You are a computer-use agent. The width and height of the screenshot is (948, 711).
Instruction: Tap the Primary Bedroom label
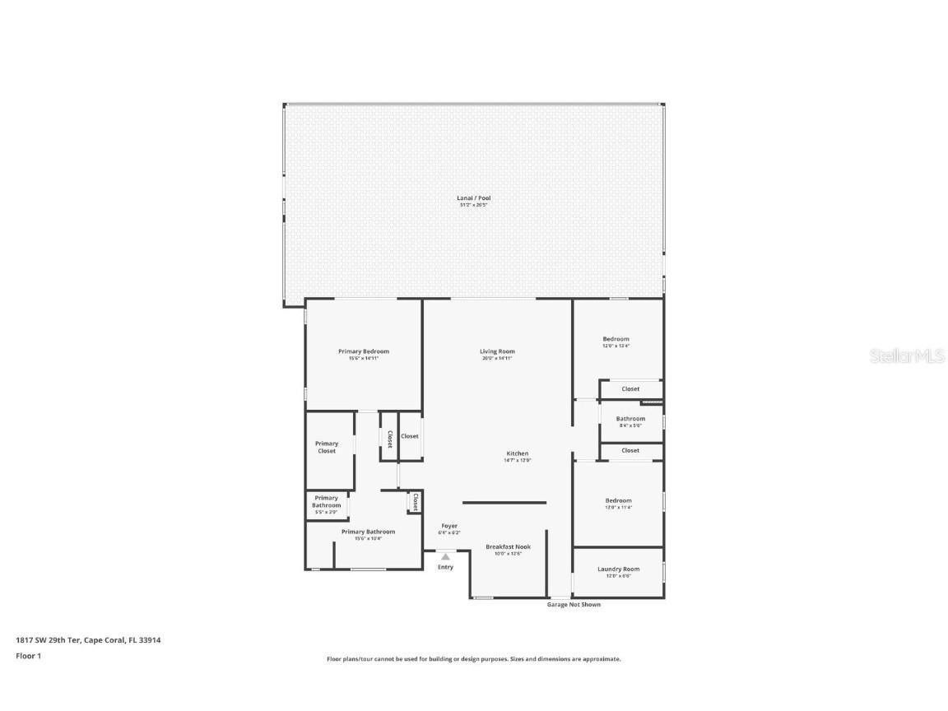tap(363, 352)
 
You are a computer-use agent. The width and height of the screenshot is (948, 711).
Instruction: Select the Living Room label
tap(497, 352)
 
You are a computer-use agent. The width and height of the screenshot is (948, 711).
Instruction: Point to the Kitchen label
tap(517, 454)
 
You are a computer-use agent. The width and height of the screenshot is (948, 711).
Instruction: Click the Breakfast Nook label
tap(508, 547)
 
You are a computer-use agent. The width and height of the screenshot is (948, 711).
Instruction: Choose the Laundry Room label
tap(618, 569)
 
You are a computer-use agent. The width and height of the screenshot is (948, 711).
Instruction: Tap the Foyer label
tap(449, 526)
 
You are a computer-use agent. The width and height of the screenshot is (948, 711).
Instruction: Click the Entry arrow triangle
tap(445, 556)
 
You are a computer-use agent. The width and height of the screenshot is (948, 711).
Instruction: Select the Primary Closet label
tap(327, 448)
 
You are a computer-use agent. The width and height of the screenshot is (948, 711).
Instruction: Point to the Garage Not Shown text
tap(574, 605)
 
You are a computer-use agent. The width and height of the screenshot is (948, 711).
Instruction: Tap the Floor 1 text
tap(28, 656)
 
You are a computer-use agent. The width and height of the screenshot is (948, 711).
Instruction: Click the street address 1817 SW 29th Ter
tap(49, 639)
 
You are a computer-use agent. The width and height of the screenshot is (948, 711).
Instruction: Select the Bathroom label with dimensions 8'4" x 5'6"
tap(630, 419)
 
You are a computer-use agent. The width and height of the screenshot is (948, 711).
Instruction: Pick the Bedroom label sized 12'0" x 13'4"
tap(616, 340)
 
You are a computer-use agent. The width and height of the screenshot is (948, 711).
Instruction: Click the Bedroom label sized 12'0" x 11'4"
tap(618, 501)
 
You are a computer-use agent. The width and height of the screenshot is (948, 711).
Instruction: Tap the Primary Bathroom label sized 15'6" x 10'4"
tap(368, 532)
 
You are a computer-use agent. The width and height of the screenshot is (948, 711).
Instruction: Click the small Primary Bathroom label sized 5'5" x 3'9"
tap(326, 502)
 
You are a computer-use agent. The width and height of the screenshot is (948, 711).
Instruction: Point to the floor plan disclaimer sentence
tap(473, 659)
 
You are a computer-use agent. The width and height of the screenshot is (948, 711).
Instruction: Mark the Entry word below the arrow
tap(445, 567)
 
